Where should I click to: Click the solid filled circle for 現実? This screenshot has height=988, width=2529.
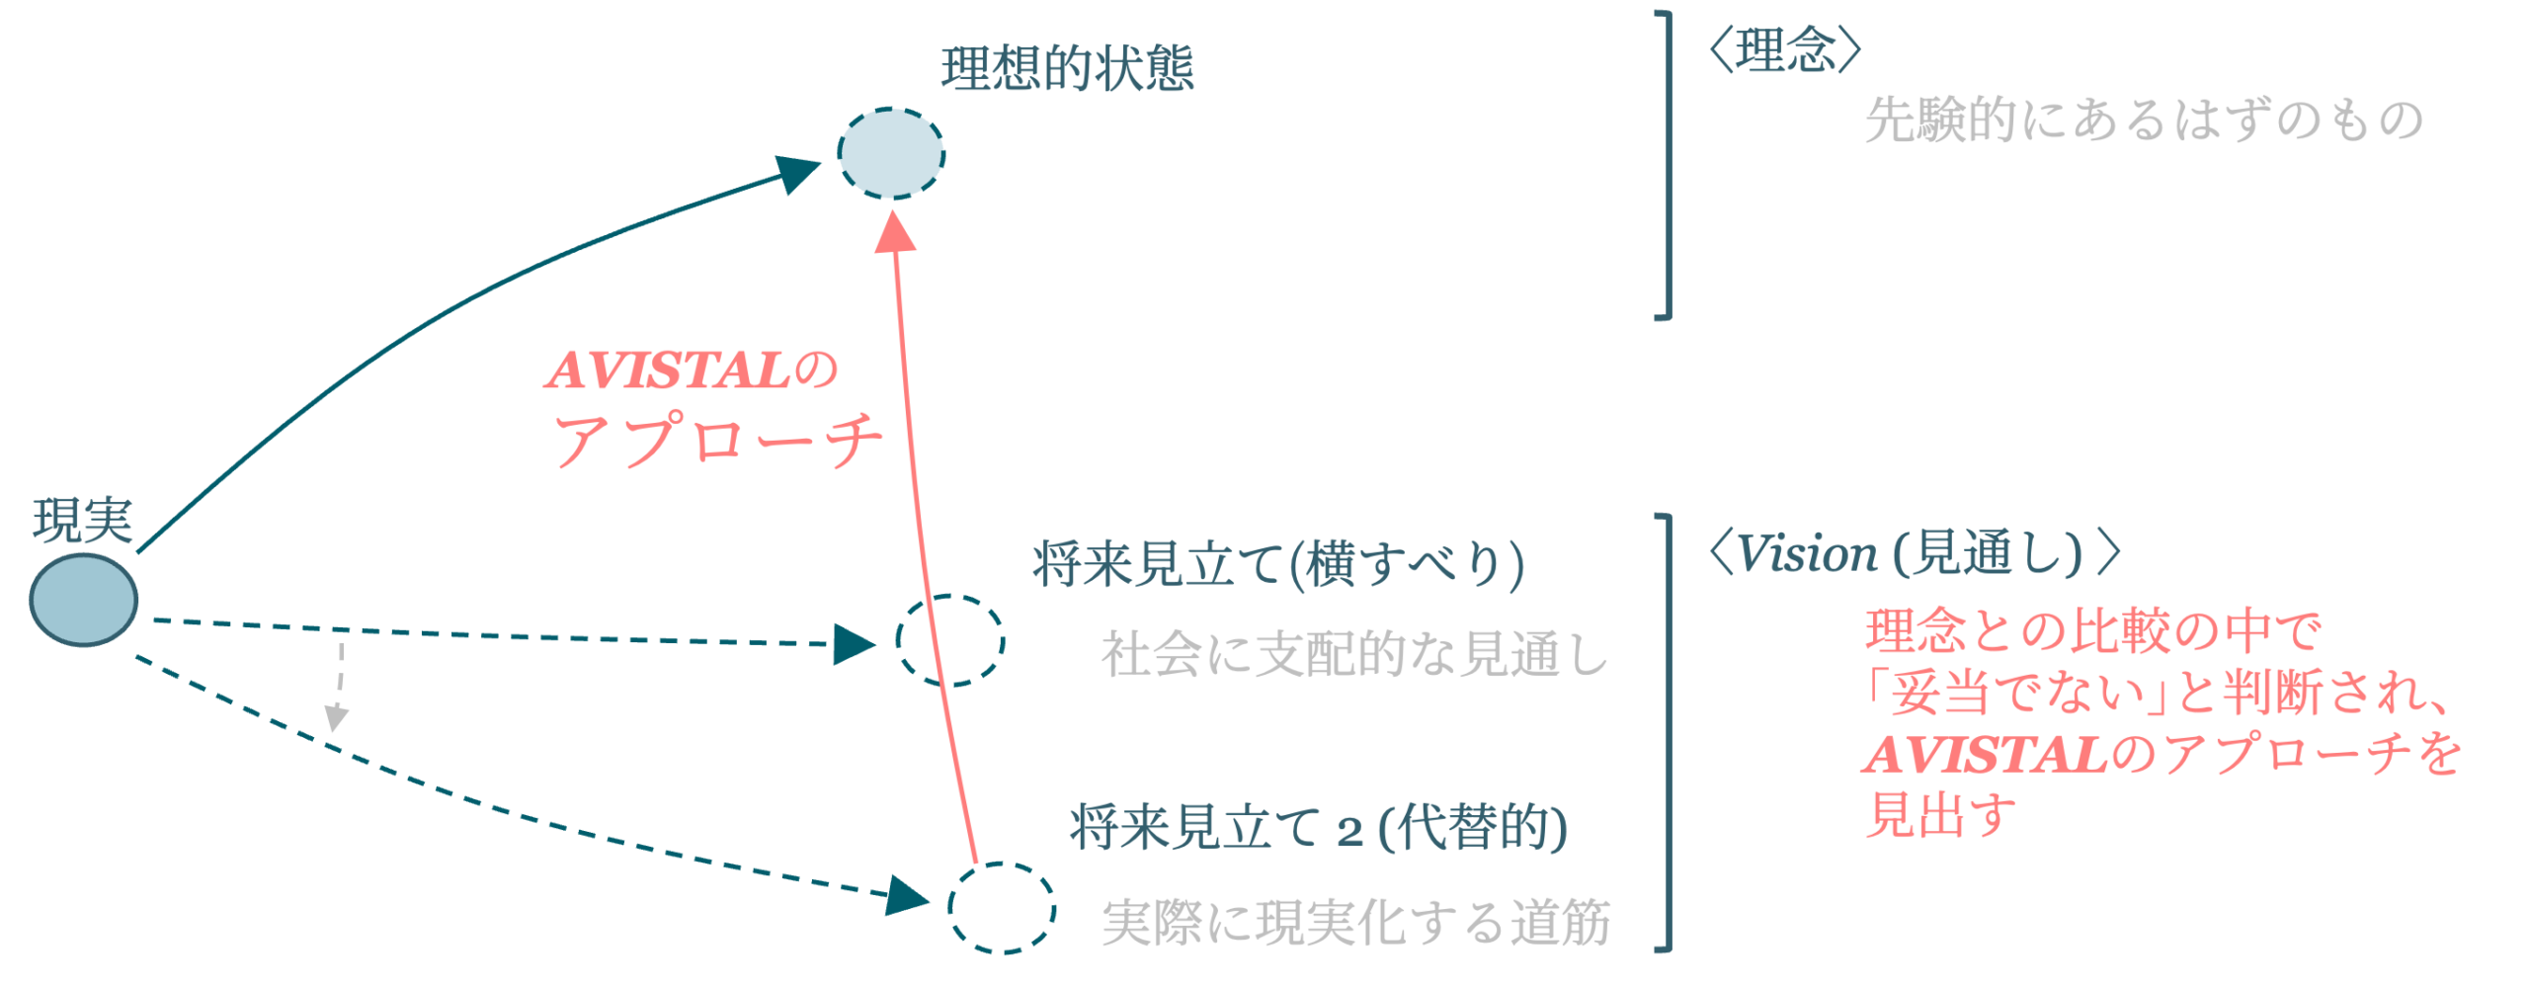[83, 600]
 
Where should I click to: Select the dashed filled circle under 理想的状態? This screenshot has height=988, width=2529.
[891, 154]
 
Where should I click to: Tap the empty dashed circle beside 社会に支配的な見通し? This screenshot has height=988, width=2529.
[949, 640]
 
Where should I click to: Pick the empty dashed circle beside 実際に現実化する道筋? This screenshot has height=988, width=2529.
[1002, 908]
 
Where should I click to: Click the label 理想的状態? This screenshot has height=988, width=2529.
[1067, 69]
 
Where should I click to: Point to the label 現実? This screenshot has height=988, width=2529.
[82, 521]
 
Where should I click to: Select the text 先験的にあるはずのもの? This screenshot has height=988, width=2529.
[2143, 121]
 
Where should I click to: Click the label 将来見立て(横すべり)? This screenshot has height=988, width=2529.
[1277, 565]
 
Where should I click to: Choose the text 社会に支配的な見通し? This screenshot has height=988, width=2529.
[1354, 654]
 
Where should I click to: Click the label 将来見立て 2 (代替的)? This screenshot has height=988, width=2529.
[1318, 827]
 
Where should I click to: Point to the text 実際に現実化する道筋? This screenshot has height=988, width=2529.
[1355, 923]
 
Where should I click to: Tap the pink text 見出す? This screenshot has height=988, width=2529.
[1939, 815]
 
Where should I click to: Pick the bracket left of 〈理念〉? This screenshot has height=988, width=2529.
[1666, 165]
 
